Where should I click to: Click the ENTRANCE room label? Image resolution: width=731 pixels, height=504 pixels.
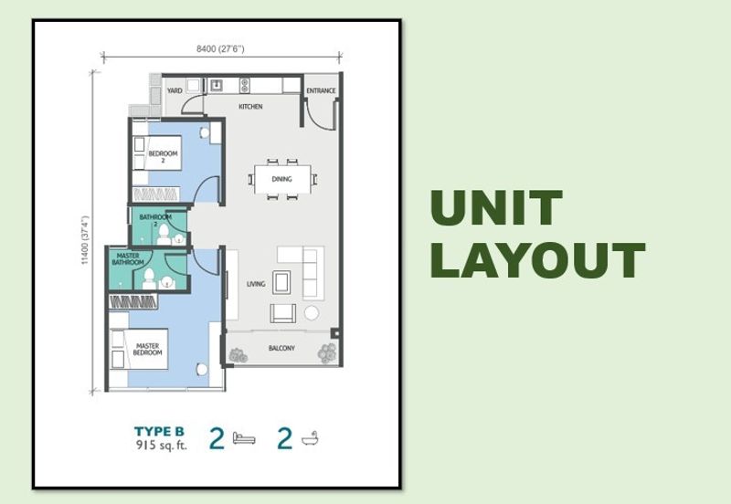coord(321,90)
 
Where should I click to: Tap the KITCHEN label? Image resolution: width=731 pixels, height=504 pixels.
coord(250,107)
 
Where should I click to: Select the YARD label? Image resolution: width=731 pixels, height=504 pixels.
coord(175,90)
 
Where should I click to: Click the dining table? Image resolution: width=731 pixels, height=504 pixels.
coord(282,179)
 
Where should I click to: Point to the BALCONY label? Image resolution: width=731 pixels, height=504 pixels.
coord(281,348)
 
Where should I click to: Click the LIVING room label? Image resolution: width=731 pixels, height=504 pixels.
coord(256,284)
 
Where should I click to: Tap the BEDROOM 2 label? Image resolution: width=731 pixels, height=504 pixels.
coord(164,156)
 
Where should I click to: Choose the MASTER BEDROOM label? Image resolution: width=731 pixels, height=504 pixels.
coord(147,350)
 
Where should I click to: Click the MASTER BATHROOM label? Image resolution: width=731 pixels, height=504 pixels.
coord(128,259)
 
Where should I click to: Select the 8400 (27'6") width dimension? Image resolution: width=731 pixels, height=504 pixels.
coord(220,48)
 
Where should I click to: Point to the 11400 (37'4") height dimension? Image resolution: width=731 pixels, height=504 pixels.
coord(85,240)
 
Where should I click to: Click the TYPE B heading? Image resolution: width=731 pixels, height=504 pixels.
coord(159,432)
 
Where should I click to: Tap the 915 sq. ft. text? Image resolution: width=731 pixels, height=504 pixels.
coord(162,446)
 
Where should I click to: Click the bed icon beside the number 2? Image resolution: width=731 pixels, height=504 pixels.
coord(244,438)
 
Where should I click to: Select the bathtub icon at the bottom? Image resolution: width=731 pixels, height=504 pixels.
coord(310,439)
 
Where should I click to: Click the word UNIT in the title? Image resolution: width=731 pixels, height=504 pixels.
coord(496,207)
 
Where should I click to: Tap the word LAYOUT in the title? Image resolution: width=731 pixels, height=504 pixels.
coord(537,260)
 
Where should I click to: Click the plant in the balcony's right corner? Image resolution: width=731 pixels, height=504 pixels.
coord(327,353)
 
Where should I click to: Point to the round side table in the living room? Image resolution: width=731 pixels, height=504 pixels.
coord(312,313)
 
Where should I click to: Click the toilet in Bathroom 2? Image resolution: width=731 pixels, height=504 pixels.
coord(164,235)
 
